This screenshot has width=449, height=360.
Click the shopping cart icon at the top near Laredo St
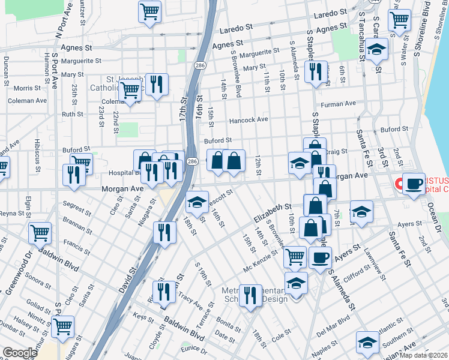click(x=149, y=11)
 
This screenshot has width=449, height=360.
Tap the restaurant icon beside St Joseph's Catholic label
click(x=157, y=85)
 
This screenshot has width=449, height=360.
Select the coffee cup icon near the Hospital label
click(x=413, y=184)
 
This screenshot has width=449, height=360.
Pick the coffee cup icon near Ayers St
click(x=320, y=257)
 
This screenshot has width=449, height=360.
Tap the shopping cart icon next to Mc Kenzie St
click(x=295, y=257)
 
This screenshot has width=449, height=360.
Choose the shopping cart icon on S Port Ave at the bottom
click(x=62, y=327)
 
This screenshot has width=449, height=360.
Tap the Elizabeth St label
click(x=273, y=211)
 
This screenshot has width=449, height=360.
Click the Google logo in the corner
click(x=20, y=352)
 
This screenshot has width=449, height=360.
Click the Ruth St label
click(x=72, y=113)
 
